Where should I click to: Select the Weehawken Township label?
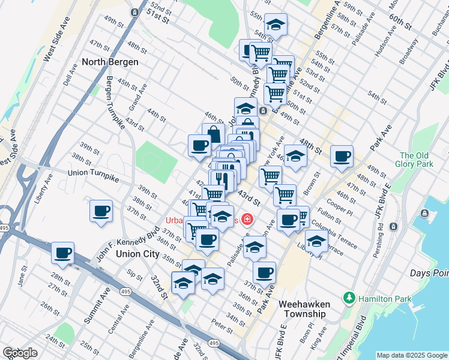(x=304, y=309)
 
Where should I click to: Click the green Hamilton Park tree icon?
(x=349, y=298)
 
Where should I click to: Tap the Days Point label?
(x=429, y=273)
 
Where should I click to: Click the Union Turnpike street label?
(x=94, y=172)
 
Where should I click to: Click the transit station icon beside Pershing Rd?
(x=394, y=226)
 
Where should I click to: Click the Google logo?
(x=20, y=353)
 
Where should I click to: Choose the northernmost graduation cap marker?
(x=276, y=24)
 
